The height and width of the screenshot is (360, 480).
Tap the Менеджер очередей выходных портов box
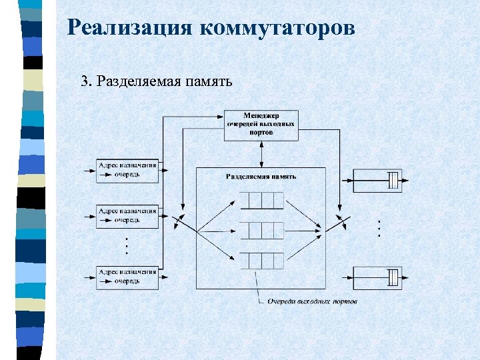click(261, 125)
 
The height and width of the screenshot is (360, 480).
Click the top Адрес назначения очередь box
click(127, 170)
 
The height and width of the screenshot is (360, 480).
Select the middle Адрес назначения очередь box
click(127, 215)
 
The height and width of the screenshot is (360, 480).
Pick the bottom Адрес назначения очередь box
click(127, 276)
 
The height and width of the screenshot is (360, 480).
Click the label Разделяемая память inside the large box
click(261, 177)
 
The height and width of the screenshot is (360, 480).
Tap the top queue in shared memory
click(261, 200)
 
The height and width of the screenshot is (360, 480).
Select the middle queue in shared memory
click(261, 231)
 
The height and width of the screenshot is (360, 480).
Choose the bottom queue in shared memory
click(261, 261)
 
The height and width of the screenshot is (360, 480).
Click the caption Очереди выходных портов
click(312, 301)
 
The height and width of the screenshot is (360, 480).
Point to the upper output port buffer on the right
click(378, 179)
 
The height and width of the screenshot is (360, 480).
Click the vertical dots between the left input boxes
click(127, 246)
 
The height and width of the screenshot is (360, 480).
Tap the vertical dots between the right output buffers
click(378, 229)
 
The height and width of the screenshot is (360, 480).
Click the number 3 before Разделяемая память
click(84, 82)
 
